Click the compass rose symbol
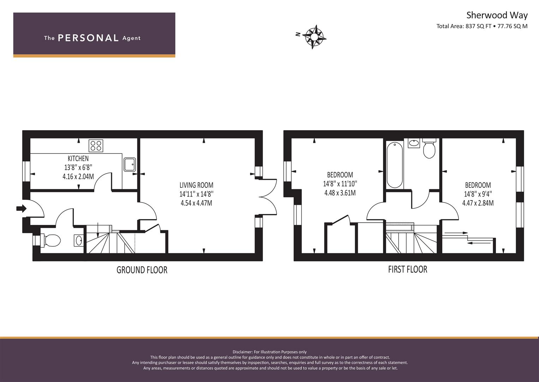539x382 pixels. tap(314, 37)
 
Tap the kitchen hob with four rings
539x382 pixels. tap(96, 146)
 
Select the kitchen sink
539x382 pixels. tap(130, 164)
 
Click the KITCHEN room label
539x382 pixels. tap(78, 158)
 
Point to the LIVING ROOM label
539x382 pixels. tap(196, 185)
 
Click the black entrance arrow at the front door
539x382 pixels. tap(21, 208)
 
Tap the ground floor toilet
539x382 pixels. tap(50, 241)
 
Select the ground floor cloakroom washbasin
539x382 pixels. tap(79, 240)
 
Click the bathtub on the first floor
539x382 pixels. tap(395, 165)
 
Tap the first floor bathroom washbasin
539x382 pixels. tap(414, 143)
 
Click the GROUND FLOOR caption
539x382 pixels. tap(142, 270)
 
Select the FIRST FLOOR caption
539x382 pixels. tap(408, 270)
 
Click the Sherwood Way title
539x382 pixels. tap(497, 15)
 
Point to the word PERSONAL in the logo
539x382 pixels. tap(88, 38)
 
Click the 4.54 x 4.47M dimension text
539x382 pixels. tap(196, 203)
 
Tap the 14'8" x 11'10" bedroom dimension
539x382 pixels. tap(340, 184)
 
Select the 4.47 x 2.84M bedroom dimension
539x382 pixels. tap(478, 203)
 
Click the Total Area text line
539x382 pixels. tap(482, 26)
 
